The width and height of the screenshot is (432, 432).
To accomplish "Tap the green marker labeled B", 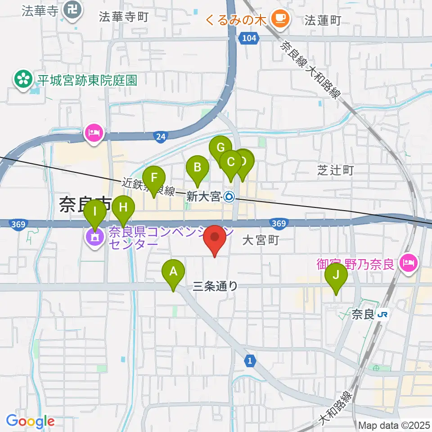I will point(197,168).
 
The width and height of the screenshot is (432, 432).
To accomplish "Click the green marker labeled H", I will point(123,208).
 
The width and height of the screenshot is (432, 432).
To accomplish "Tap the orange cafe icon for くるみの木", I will point(281,18).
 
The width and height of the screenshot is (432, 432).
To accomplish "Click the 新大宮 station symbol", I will point(229,196).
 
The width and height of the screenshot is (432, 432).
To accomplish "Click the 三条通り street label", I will point(215,286).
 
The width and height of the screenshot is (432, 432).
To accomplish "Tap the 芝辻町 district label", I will point(335,170).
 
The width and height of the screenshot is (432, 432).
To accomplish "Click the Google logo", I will point(30,421).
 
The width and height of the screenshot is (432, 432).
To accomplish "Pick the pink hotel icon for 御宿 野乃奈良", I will point(410,262).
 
